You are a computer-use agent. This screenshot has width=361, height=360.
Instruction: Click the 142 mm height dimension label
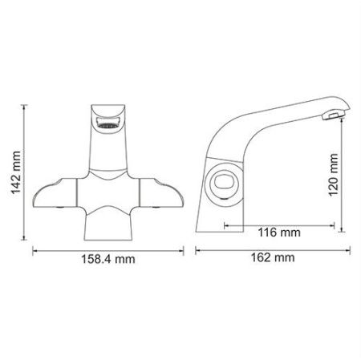click(16, 172)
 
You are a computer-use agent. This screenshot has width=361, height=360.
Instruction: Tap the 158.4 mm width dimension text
click(108, 259)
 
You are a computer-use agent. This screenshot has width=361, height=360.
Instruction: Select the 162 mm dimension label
click(273, 257)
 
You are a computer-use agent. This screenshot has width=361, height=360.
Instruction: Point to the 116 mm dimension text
click(279, 233)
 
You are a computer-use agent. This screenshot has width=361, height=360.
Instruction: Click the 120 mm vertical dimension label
click(334, 175)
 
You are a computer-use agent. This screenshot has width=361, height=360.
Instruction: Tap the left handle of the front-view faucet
click(55, 193)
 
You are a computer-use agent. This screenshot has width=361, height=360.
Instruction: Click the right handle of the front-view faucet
click(161, 193)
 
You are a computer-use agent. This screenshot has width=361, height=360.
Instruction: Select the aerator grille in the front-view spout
click(107, 125)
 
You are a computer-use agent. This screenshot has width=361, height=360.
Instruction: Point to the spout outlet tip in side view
click(333, 116)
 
